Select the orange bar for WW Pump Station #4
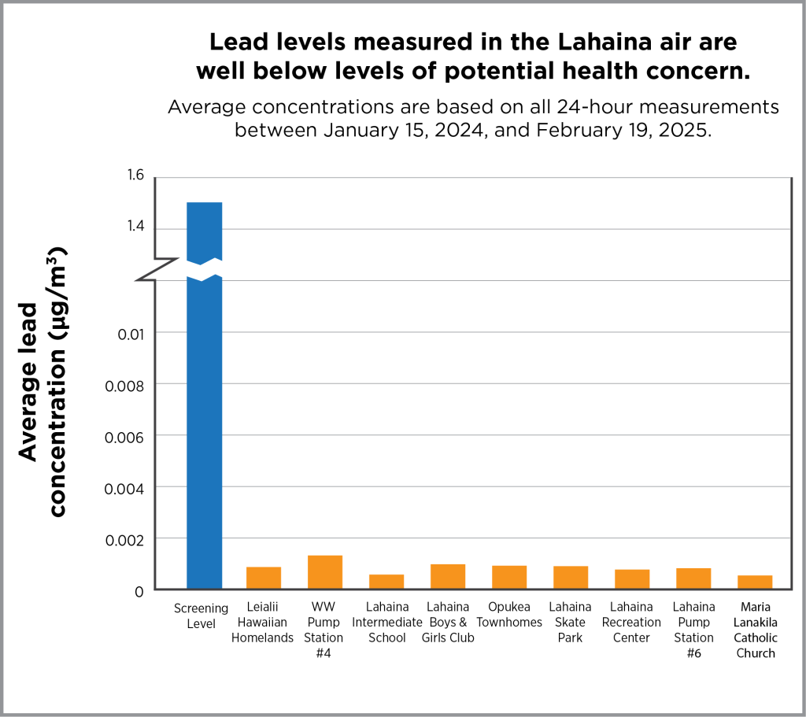coord(325,572)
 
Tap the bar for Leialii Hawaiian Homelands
coord(264,578)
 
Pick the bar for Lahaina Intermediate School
coord(386,582)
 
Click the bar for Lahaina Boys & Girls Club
coord(448,576)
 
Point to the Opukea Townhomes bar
coord(509,577)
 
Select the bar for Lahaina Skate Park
coord(571,577)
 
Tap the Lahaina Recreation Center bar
coord(632,578)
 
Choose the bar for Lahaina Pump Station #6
coord(693,578)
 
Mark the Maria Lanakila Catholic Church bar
coord(755,582)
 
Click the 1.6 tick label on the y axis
coord(135,175)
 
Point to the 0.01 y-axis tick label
coord(131,333)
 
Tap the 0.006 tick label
coord(125,436)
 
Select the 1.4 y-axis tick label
coord(135,227)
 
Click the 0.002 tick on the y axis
coord(125,539)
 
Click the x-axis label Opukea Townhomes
coord(509,615)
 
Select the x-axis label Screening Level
coord(201,615)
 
